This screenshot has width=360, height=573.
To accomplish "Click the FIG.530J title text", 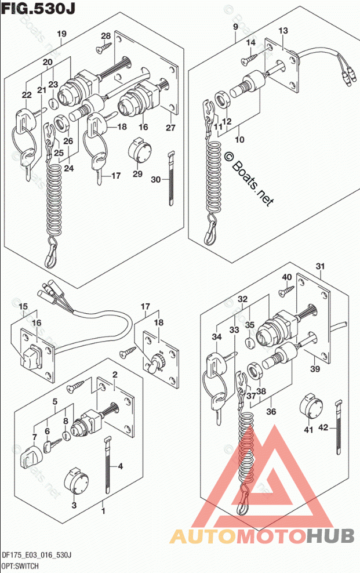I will click(x=39, y=9).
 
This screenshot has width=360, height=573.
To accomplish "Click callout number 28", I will click(x=106, y=36).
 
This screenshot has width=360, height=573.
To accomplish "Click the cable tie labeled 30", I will click(x=170, y=177).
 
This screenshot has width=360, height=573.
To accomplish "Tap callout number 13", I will click(x=283, y=30).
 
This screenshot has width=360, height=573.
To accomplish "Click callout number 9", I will click(x=235, y=27).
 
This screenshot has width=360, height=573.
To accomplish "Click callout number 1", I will click(x=103, y=512).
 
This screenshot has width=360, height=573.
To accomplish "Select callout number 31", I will click(x=320, y=266).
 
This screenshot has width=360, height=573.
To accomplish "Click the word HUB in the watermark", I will click(x=330, y=536).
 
